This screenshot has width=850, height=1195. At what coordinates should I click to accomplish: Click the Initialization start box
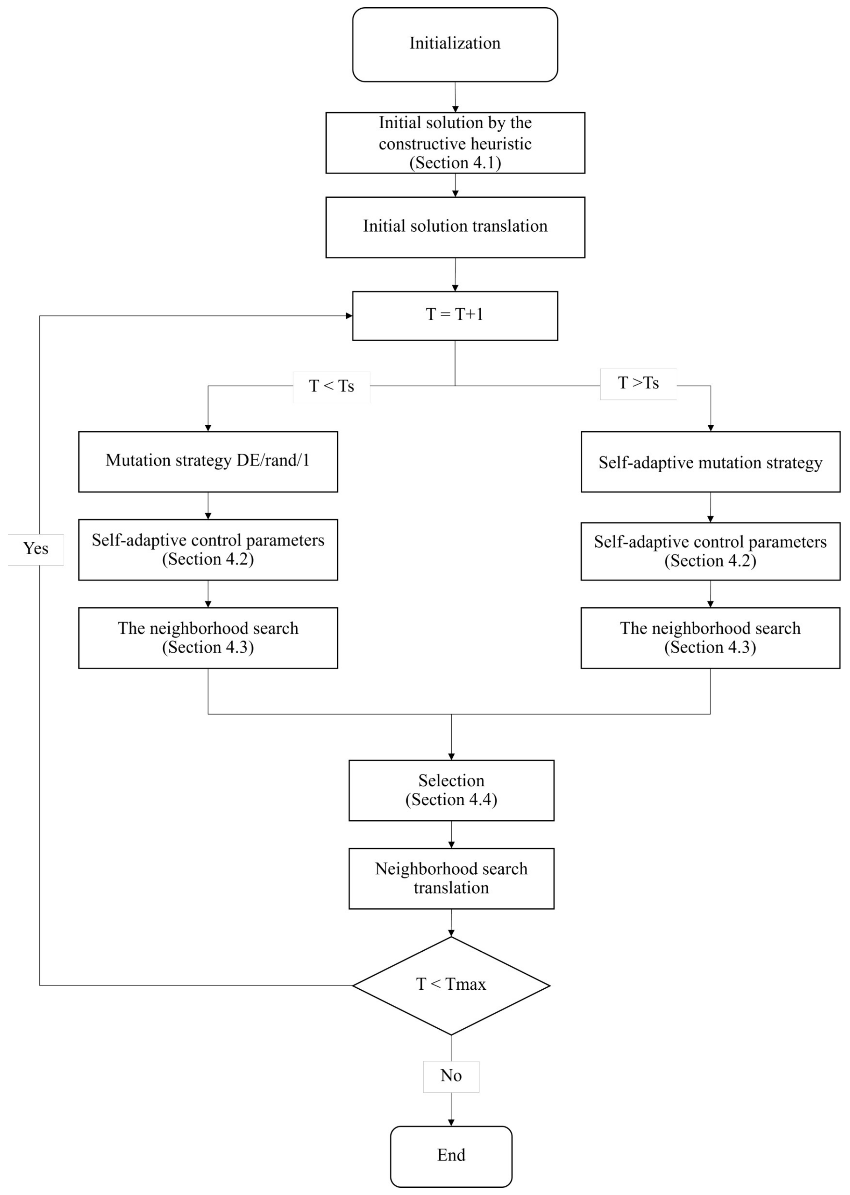pyautogui.click(x=455, y=44)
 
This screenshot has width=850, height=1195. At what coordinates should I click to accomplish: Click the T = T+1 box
pyautogui.click(x=455, y=316)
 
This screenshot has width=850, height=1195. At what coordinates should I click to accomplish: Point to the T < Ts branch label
pyautogui.click(x=331, y=386)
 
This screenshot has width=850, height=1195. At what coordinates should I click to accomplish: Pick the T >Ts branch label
pyautogui.click(x=638, y=383)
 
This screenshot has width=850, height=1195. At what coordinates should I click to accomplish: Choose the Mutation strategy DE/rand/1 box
pyautogui.click(x=208, y=461)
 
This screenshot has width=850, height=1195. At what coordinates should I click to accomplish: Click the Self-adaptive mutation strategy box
pyautogui.click(x=710, y=462)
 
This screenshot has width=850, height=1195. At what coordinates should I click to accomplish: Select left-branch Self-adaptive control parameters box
pyautogui.click(x=208, y=550)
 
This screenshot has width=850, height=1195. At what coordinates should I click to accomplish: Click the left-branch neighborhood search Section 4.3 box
pyautogui.click(x=208, y=638)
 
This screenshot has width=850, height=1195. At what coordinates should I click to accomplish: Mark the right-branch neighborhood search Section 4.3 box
pyautogui.click(x=710, y=638)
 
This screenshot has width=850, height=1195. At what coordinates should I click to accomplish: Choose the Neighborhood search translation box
pyautogui.click(x=451, y=878)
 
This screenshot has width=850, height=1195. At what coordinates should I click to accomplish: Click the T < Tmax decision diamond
pyautogui.click(x=451, y=985)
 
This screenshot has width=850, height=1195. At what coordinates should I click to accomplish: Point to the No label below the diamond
pyautogui.click(x=451, y=1076)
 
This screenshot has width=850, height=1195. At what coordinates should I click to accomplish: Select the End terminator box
pyautogui.click(x=451, y=1156)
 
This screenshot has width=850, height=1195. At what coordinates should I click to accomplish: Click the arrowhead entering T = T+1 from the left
pyautogui.click(x=348, y=316)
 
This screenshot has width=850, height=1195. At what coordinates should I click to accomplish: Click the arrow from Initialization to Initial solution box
pyautogui.click(x=455, y=97)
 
